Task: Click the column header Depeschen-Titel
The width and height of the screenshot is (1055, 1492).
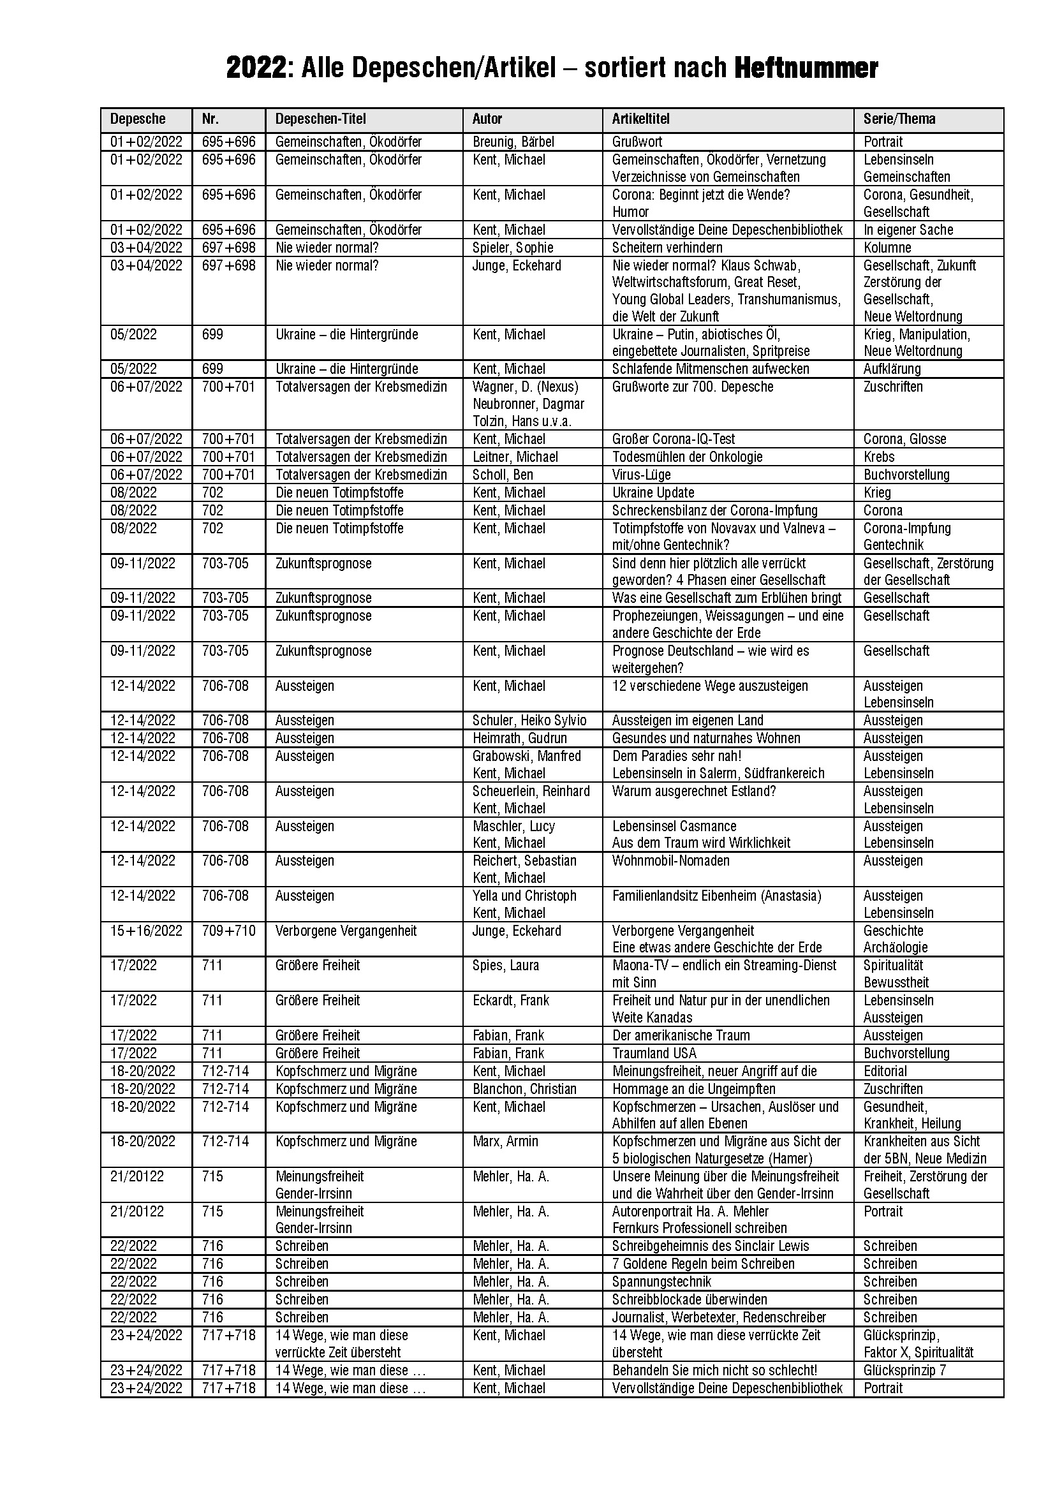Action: pyautogui.click(x=320, y=119)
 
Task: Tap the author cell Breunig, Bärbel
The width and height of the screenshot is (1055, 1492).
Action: pyautogui.click(x=513, y=142)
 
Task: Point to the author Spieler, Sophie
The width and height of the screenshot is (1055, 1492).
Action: pyautogui.click(x=513, y=247)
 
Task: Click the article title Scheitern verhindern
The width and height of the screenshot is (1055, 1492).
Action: pyautogui.click(x=667, y=247)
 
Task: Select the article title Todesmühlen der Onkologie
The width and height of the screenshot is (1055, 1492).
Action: pyautogui.click(x=688, y=457)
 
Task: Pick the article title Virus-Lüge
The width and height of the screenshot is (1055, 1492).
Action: pyautogui.click(x=641, y=475)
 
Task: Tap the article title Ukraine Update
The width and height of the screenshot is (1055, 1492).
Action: pyautogui.click(x=653, y=492)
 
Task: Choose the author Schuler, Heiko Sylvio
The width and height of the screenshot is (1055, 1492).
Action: pyautogui.click(x=529, y=721)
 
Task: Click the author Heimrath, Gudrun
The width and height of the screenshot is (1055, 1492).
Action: pyautogui.click(x=520, y=738)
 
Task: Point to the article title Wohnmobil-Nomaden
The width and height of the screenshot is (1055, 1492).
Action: pyautogui.click(x=671, y=861)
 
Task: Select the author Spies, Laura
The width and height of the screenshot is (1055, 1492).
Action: pyautogui.click(x=505, y=966)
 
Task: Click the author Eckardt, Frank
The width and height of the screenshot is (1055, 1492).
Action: pyautogui.click(x=511, y=1001)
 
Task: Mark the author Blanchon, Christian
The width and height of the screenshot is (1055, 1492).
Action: pyautogui.click(x=524, y=1089)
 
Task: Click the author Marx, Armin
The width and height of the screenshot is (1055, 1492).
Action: pyautogui.click(x=505, y=1142)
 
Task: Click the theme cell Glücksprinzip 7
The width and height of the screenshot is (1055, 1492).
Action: pyautogui.click(x=904, y=1370)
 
